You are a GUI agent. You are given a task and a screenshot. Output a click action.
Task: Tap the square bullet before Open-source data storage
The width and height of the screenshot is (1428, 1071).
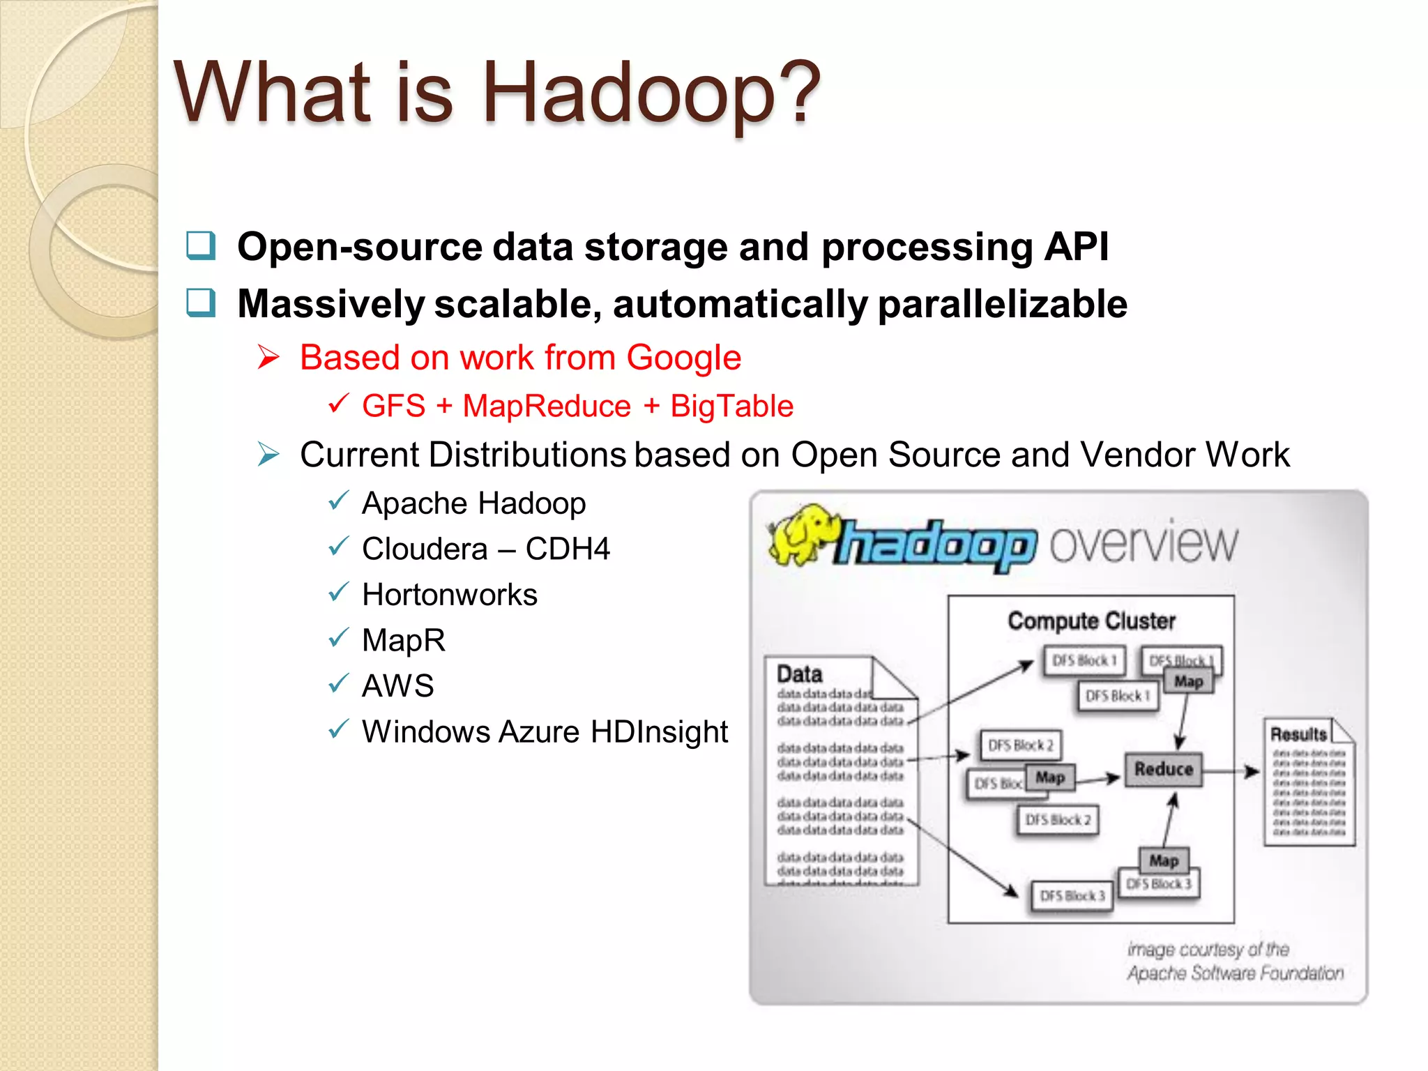pyautogui.click(x=201, y=245)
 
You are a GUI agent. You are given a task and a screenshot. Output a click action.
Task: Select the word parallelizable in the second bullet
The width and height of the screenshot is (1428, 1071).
pyautogui.click(x=1002, y=305)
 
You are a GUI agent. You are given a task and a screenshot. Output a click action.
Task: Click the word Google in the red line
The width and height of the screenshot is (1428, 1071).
pyautogui.click(x=683, y=358)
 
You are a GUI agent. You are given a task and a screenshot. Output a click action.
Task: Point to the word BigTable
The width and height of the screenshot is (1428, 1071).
pyautogui.click(x=731, y=407)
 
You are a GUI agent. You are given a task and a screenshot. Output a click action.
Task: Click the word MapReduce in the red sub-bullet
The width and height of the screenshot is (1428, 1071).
pyautogui.click(x=547, y=407)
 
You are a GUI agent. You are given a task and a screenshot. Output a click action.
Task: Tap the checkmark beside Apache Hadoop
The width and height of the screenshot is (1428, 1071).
pyautogui.click(x=338, y=501)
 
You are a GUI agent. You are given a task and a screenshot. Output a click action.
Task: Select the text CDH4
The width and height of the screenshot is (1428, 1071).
pyautogui.click(x=568, y=549)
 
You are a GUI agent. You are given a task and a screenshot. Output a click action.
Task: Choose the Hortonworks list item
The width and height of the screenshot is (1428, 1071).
pyautogui.click(x=450, y=595)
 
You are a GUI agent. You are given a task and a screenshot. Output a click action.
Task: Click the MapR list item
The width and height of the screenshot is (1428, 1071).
pyautogui.click(x=404, y=640)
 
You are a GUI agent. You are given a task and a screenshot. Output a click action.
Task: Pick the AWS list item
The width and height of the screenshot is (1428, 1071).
pyautogui.click(x=398, y=686)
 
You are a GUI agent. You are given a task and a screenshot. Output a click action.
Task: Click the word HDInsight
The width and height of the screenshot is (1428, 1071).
pyautogui.click(x=659, y=732)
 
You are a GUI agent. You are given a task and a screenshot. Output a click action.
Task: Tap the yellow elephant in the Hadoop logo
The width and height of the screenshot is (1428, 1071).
pyautogui.click(x=802, y=533)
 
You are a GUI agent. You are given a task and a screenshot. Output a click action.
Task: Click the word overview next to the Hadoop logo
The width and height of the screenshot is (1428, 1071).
pyautogui.click(x=1144, y=544)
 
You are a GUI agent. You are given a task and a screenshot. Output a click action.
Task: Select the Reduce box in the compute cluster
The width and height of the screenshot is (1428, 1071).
pyautogui.click(x=1163, y=769)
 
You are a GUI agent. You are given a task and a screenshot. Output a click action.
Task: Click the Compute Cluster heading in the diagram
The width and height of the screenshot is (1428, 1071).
pyautogui.click(x=1091, y=621)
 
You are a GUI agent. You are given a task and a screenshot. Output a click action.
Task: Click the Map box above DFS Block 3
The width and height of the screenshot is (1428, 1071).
pyautogui.click(x=1163, y=860)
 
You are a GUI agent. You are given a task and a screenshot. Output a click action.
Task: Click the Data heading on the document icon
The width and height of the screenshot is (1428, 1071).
pyautogui.click(x=799, y=674)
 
